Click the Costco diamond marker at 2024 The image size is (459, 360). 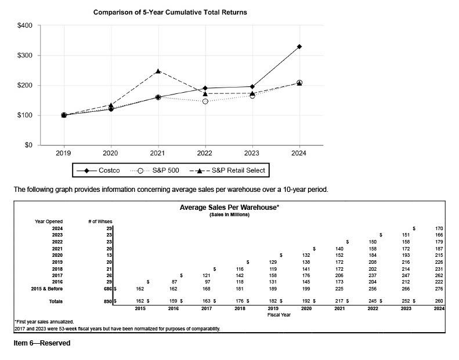(299, 46)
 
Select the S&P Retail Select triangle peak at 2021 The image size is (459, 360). (158, 71)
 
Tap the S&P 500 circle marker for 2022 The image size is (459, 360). (205, 101)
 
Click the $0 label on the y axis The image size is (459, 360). (28, 145)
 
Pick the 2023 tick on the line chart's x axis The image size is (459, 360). (252, 154)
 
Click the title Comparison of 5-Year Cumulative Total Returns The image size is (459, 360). (170, 12)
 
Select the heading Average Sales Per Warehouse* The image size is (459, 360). (229, 208)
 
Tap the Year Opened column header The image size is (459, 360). (49, 221)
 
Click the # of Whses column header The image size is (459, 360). (100, 221)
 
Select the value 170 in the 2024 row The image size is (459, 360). (439, 229)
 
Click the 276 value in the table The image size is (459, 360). (439, 288)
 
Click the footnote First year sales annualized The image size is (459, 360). (44, 321)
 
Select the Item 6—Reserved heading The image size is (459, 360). (42, 343)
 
